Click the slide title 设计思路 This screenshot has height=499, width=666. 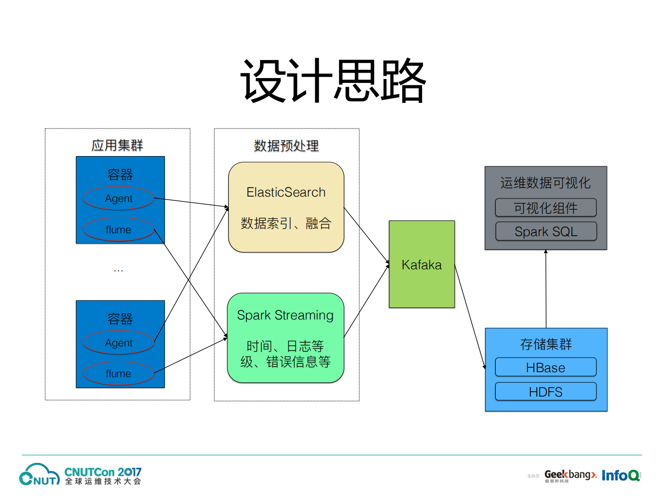tap(333, 80)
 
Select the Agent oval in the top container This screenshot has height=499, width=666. tap(119, 199)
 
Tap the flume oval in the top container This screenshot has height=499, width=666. tap(119, 229)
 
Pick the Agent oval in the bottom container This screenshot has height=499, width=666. tap(119, 343)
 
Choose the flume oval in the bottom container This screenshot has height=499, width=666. tap(119, 374)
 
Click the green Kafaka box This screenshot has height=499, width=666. tap(422, 264)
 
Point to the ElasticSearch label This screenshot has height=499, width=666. tap(286, 192)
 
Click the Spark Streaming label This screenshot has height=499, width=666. tap(285, 315)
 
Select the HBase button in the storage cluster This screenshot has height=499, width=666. tap(545, 367)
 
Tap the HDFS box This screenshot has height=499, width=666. tap(545, 392)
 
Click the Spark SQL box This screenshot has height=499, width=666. tap(545, 232)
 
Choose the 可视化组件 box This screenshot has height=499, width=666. tap(545, 208)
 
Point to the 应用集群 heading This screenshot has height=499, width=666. tap(117, 145)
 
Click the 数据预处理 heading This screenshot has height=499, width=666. tap(286, 145)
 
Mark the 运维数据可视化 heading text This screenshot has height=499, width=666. tap(545, 183)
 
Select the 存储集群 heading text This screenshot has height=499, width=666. tap(545, 344)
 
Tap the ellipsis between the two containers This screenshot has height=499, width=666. tap(119, 270)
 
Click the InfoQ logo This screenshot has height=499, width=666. tap(621, 475)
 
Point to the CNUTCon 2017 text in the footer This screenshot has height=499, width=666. tap(103, 472)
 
